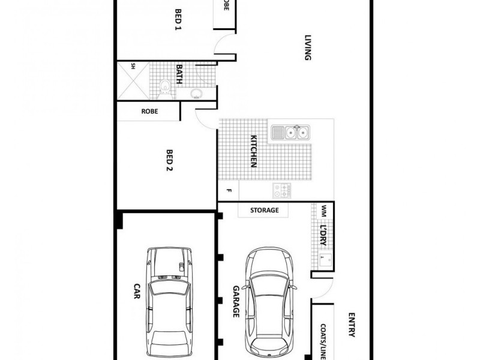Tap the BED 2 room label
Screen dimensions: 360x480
tap(169, 161)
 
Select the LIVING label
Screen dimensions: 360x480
tap(307, 48)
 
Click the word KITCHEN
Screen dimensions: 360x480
tap(254, 151)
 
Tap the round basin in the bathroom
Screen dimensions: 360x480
tap(196, 93)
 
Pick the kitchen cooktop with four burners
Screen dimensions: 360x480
tap(281, 191)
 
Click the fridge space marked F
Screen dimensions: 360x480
tap(228, 191)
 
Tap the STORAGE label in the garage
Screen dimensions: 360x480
tap(264, 210)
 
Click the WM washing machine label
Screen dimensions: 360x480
tap(324, 211)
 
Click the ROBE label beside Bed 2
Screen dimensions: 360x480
tap(149, 111)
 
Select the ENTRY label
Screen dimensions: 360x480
tap(352, 324)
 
